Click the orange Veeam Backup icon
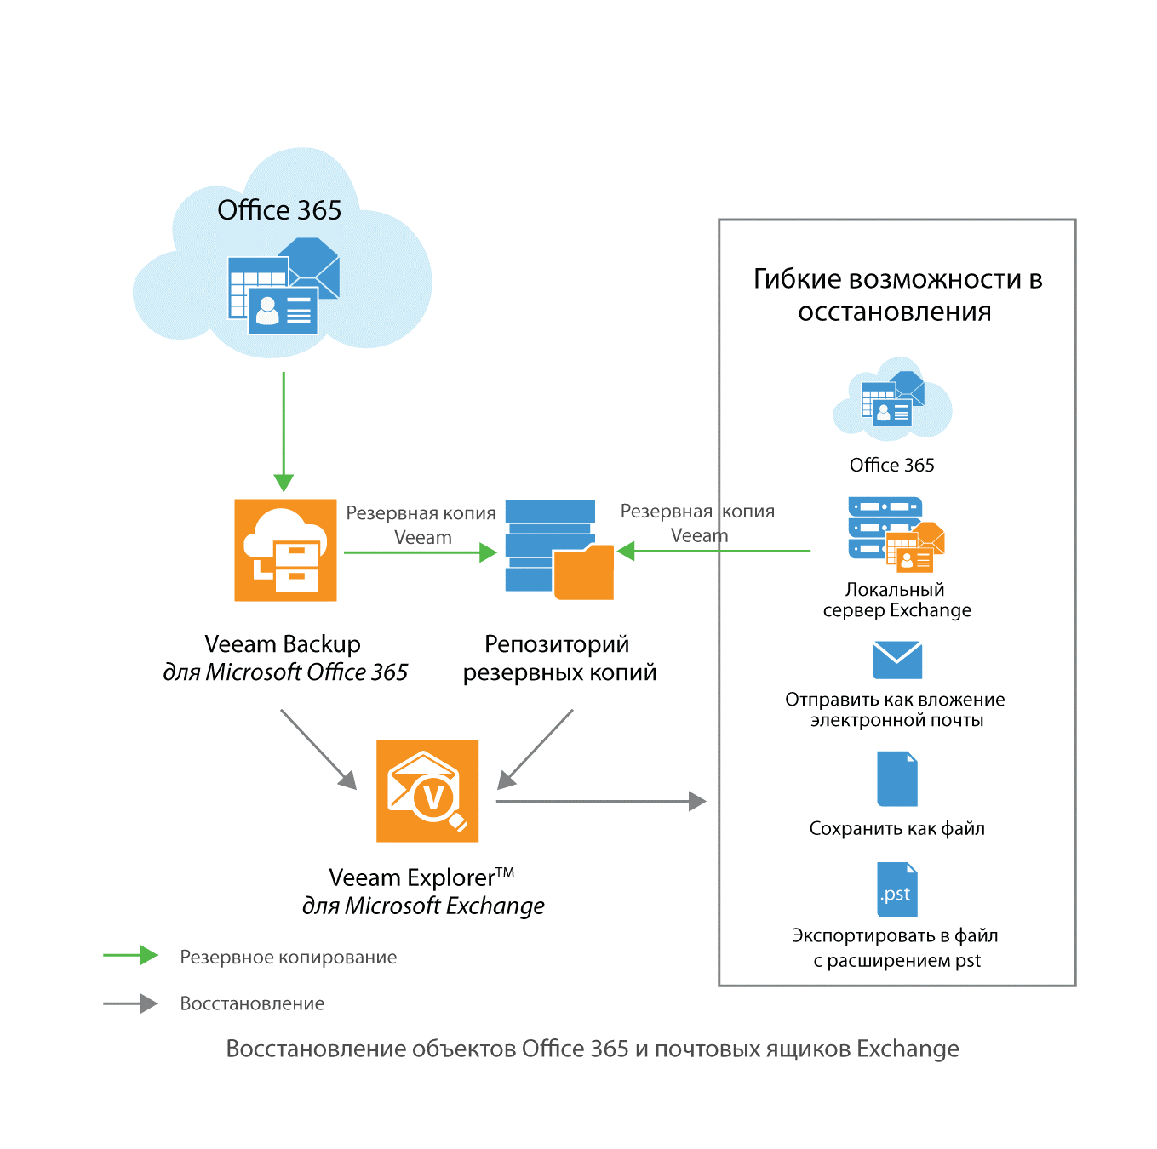coord(285,550)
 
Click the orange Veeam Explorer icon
coord(427,791)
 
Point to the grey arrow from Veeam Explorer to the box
coord(600,801)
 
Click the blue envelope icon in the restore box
coord(897,660)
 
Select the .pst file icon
coord(897,889)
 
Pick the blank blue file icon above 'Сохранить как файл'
coord(897,779)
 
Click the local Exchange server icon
coord(896,535)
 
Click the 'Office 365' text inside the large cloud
coord(279,210)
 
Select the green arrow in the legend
coord(130,956)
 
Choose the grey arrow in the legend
coord(130,1003)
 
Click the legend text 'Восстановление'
coord(252,1004)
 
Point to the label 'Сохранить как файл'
coord(896,828)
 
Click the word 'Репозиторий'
coord(557,644)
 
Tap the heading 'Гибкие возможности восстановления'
coord(897,295)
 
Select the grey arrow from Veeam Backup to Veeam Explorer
coord(318,749)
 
